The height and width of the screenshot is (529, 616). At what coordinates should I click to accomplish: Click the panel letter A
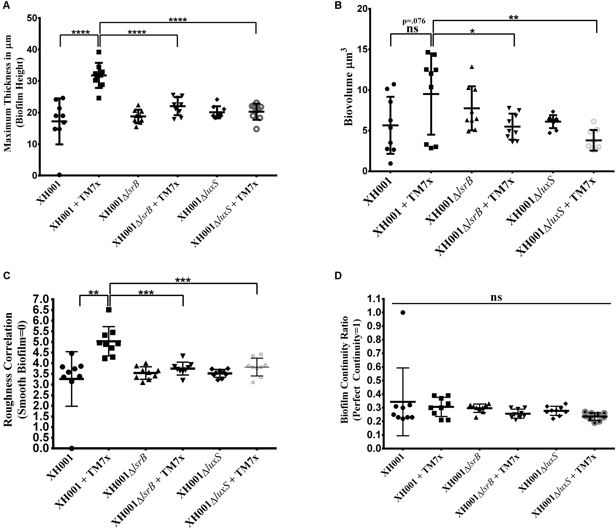coord(6,6)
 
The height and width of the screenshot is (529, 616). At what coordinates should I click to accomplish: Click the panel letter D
coord(338,276)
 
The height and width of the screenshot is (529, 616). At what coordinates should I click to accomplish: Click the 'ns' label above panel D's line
coord(496,298)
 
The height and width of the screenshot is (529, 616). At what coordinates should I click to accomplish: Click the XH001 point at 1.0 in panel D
coord(403,312)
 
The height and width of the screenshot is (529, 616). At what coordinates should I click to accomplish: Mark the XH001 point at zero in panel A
coord(59,175)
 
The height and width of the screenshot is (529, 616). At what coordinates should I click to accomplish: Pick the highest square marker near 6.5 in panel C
coord(109,310)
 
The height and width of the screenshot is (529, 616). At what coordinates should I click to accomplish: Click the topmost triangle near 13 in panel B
coord(471,67)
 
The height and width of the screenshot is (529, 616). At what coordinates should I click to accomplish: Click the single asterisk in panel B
coord(472,31)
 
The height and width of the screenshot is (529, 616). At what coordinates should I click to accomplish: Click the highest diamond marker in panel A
coord(217,99)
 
